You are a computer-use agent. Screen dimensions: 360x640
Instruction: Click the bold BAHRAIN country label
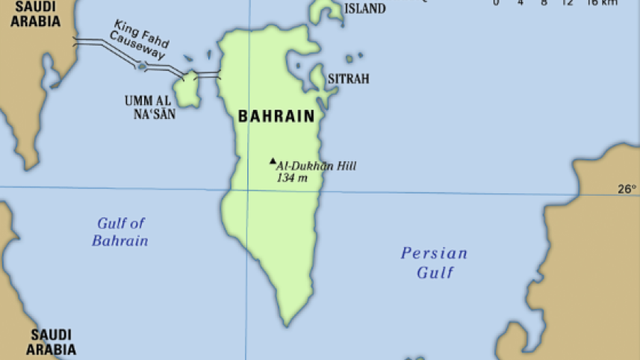tap(276, 117)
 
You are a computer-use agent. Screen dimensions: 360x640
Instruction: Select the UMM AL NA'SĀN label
tap(150, 108)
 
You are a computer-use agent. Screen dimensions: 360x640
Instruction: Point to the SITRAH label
tap(348, 78)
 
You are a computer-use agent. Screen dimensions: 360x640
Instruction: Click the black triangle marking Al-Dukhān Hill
tap(273, 160)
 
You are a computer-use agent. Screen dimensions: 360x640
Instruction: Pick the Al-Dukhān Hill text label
tap(317, 166)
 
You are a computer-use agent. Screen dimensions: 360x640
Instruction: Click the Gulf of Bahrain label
tap(120, 232)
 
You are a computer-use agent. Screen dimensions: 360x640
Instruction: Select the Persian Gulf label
tap(434, 262)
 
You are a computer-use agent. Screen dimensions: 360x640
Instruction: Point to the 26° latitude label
tap(627, 189)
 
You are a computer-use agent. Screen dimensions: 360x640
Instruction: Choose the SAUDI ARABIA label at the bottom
tap(51, 341)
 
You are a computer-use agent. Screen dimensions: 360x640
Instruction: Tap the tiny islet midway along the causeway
tap(141, 66)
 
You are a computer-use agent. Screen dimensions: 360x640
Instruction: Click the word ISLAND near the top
tap(364, 9)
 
